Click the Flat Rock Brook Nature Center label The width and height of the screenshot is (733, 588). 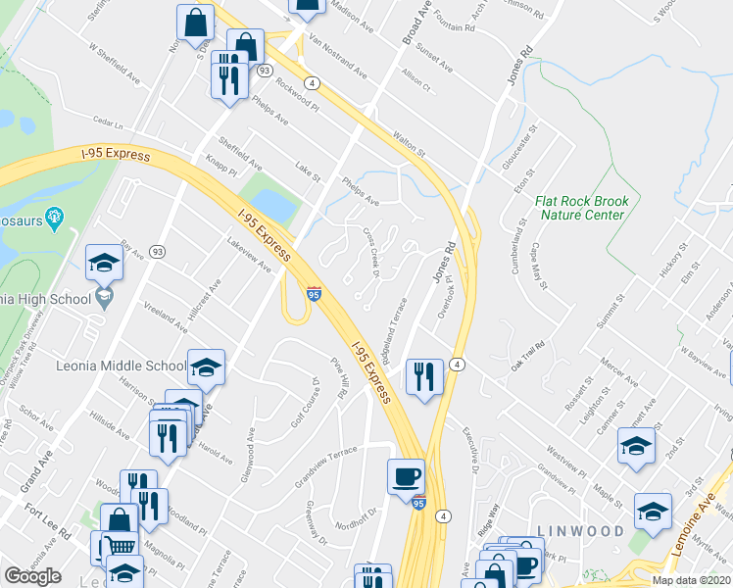(580, 208)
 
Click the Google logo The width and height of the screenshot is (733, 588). (32, 576)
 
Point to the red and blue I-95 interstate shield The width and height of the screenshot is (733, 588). (314, 293)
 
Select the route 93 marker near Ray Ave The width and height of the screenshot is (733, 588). (158, 252)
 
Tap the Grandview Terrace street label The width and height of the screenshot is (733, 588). (327, 465)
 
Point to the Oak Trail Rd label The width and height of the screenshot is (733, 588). (526, 351)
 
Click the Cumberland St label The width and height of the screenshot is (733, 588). (516, 250)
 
